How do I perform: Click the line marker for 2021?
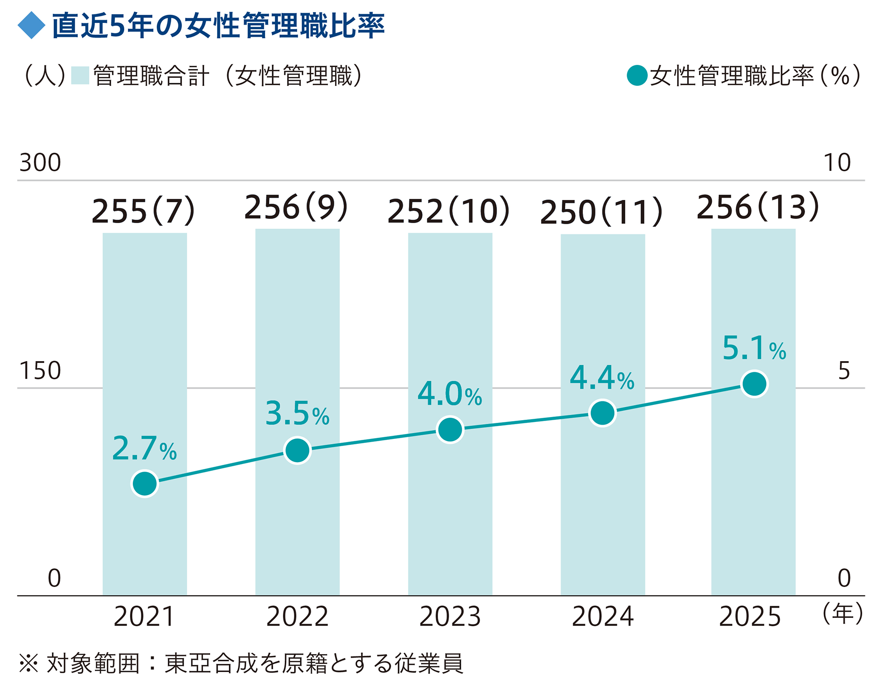[145, 483]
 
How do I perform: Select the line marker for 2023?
[450, 430]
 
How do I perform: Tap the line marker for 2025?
[754, 383]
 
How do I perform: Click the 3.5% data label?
[297, 413]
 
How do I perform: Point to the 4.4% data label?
[602, 378]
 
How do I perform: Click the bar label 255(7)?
[143, 211]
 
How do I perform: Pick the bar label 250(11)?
[601, 212]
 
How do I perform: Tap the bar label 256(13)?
[758, 207]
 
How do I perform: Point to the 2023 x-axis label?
[450, 617]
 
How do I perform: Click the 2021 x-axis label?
[144, 617]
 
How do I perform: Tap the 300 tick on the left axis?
[40, 162]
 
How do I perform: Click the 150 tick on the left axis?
[40, 370]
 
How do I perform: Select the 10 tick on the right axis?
[837, 162]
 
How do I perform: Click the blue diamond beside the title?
[32, 26]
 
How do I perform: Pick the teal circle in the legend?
[637, 75]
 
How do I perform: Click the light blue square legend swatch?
[80, 75]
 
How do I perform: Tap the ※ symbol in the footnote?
[29, 663]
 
